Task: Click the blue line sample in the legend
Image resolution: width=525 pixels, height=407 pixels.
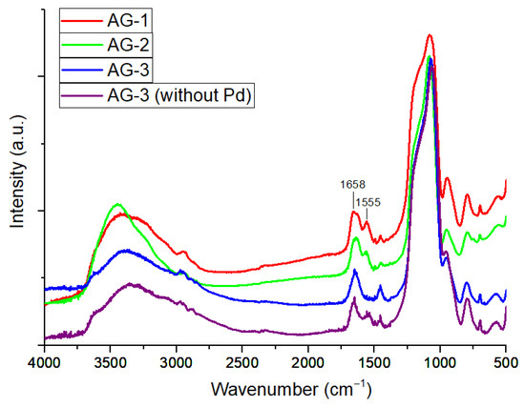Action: point(84,69)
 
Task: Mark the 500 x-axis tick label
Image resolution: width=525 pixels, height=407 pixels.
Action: point(505,364)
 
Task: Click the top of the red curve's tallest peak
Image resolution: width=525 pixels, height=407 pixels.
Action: point(430,35)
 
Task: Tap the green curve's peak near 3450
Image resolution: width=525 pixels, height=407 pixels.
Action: point(117,204)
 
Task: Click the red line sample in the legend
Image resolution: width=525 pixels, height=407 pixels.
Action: point(84,18)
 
